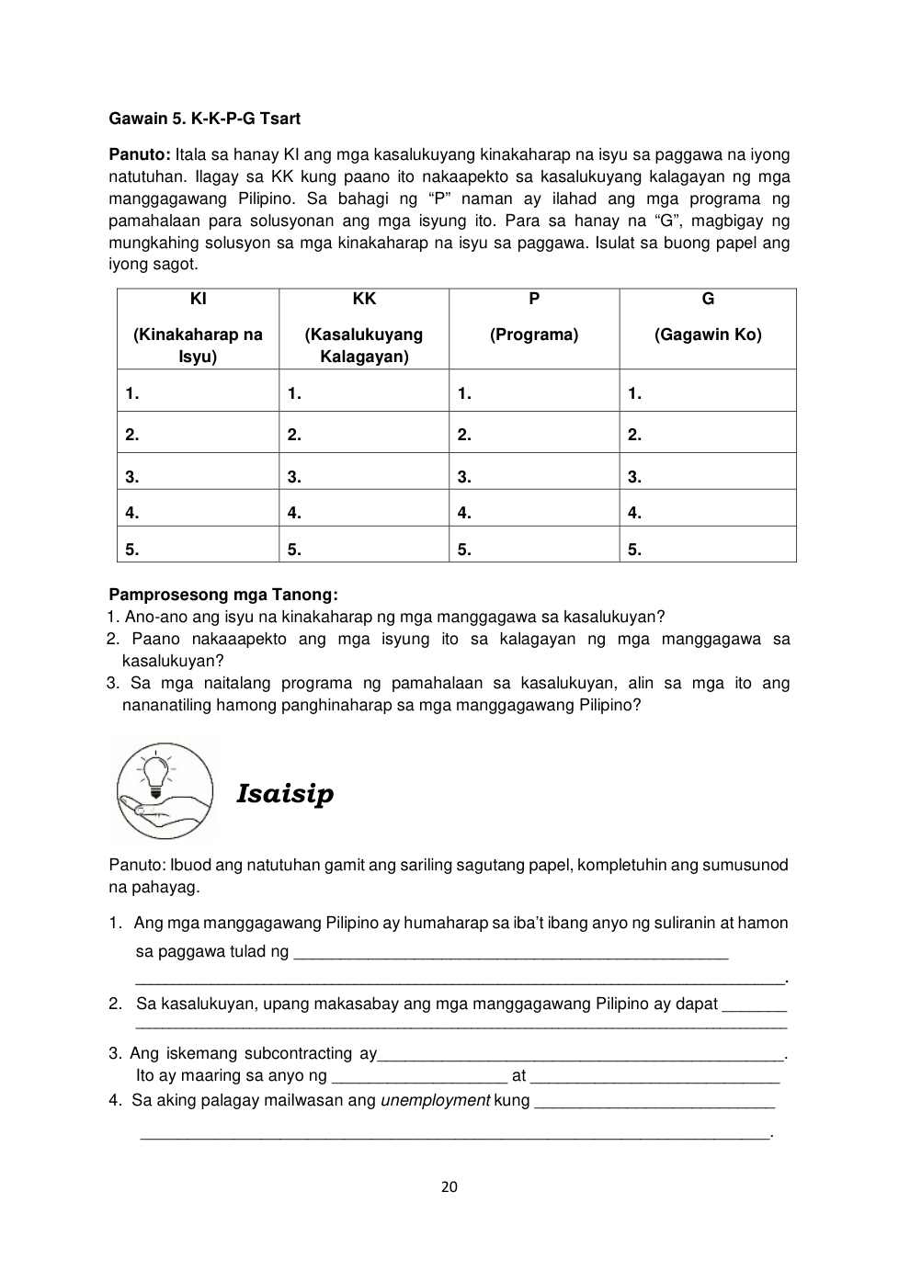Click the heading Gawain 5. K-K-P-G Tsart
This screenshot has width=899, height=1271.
(204, 119)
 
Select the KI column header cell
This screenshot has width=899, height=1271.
(198, 328)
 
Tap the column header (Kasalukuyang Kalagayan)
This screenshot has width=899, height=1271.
(364, 345)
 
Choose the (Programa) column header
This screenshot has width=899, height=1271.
(534, 335)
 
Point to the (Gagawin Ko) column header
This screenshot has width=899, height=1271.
(708, 335)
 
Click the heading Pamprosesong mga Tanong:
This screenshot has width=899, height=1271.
(223, 595)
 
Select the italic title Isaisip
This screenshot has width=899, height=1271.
(285, 793)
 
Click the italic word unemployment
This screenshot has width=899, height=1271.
(435, 1100)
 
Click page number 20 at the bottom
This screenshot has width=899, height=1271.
(449, 1186)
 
